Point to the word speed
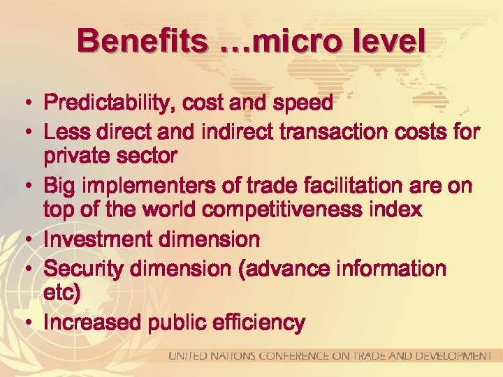(302, 104)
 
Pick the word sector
(148, 155)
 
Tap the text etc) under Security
(62, 293)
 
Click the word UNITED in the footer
(187, 356)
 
